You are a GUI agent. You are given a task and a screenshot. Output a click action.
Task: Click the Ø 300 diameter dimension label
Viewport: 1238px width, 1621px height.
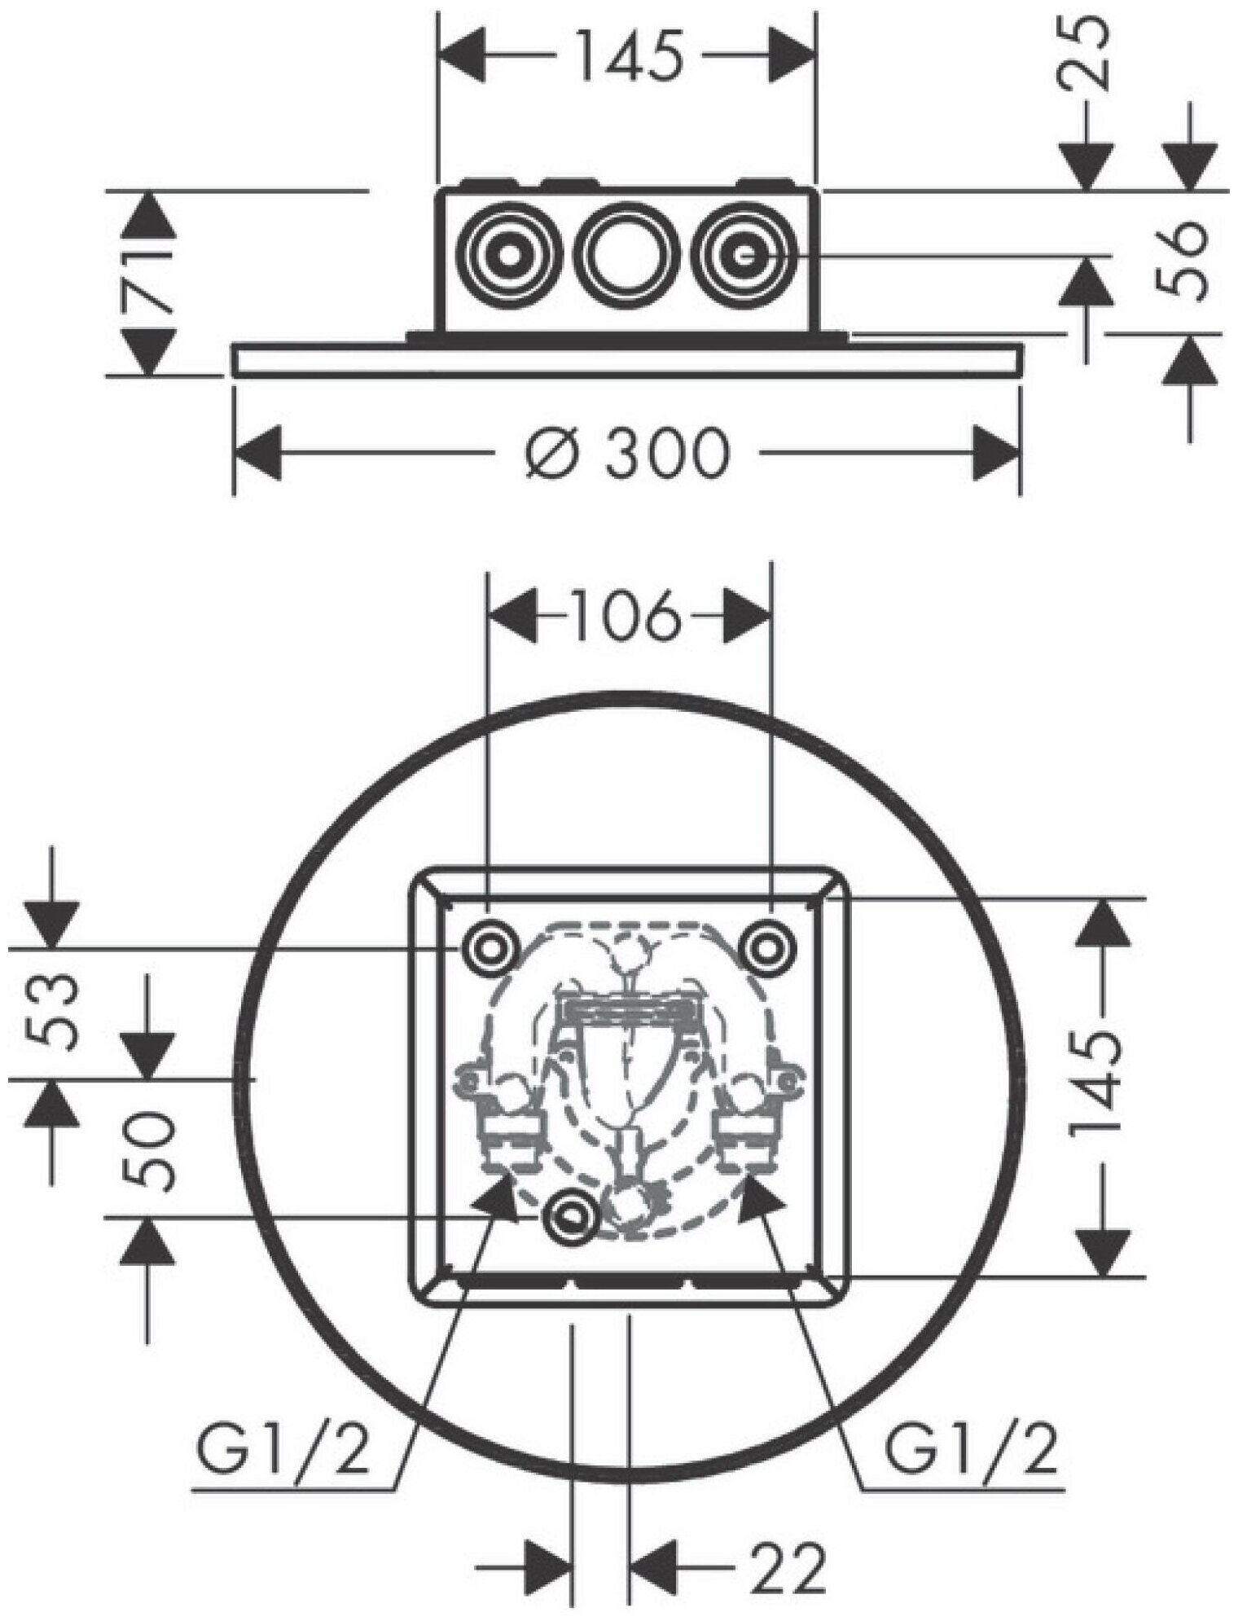626,453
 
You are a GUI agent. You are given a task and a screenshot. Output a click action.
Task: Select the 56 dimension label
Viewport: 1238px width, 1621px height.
1182,261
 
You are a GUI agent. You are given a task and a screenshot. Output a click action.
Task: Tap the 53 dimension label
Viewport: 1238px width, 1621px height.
54,1012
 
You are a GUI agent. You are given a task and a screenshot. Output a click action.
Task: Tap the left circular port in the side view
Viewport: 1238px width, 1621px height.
510,254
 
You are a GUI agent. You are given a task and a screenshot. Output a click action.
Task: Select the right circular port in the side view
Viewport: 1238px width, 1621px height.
742,254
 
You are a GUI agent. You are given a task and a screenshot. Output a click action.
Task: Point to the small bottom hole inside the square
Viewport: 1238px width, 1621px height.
571,1216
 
